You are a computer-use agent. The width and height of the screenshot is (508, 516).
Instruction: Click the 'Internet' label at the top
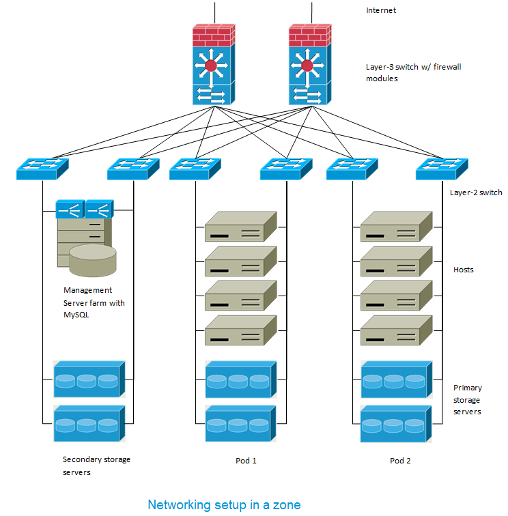click(381, 10)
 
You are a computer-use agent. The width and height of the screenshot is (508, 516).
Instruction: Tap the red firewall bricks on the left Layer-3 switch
click(213, 34)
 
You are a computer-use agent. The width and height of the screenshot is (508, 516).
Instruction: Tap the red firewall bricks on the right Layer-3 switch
click(309, 34)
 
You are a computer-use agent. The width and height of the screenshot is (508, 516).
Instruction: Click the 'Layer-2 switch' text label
click(476, 192)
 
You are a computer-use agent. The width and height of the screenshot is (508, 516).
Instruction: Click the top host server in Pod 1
click(241, 227)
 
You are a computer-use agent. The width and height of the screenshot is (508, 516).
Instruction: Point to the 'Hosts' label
click(464, 270)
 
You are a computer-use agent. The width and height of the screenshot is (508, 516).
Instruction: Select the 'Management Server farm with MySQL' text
click(94, 302)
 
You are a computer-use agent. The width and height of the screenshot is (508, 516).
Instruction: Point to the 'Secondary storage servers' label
click(96, 465)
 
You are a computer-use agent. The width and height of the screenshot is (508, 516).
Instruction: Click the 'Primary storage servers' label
click(468, 399)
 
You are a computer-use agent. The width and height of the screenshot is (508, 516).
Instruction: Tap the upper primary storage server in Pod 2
click(397, 379)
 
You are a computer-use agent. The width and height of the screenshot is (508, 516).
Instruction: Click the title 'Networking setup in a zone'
click(224, 505)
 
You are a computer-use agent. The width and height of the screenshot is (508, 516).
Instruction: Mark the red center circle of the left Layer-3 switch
click(210, 66)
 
